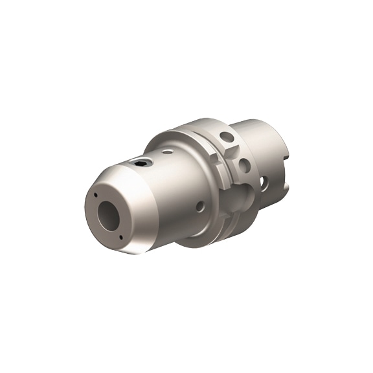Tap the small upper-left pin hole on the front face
pyautogui.click(x=95, y=196)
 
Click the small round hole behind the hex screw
pyautogui.click(x=167, y=152)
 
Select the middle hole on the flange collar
pyautogui.click(x=244, y=165)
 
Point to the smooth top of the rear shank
pyautogui.click(x=259, y=126)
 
